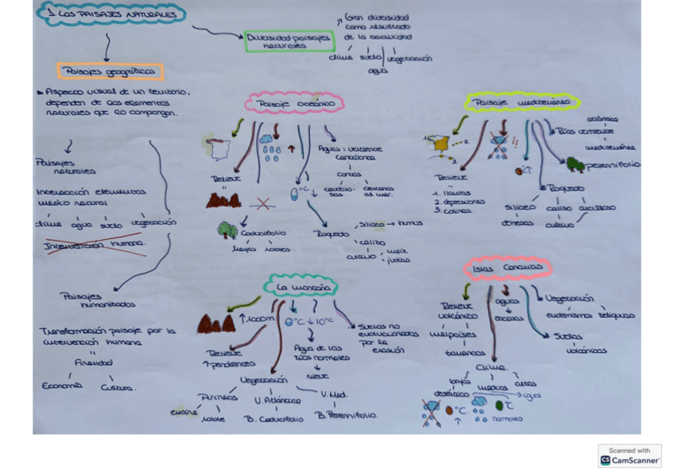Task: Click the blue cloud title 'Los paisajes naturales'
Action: (x=112, y=14)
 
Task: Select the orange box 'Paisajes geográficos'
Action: (x=110, y=72)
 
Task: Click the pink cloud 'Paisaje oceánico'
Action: (x=294, y=103)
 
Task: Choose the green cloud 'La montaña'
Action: (x=300, y=286)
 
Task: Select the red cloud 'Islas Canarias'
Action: (x=506, y=269)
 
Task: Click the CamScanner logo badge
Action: (x=629, y=455)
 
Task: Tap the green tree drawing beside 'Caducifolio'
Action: (x=227, y=230)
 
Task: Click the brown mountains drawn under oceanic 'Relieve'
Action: (x=223, y=201)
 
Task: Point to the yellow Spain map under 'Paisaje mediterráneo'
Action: (x=439, y=144)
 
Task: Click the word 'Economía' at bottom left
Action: (x=62, y=386)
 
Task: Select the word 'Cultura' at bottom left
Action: (x=118, y=388)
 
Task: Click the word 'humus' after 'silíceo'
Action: (x=410, y=224)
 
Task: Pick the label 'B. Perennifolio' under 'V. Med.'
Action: (x=347, y=415)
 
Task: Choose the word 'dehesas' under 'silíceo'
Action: (x=517, y=223)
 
